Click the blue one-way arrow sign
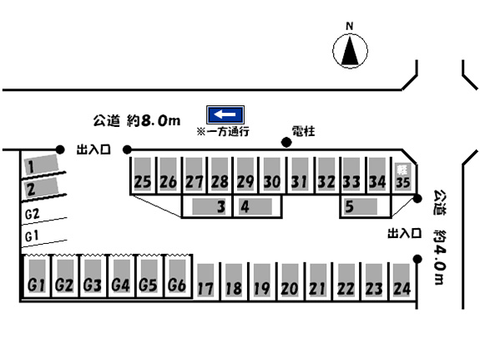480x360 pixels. pos(225,114)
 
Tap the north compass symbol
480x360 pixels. pos(350,51)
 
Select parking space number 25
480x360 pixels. pos(143,175)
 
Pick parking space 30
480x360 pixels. pos(272,175)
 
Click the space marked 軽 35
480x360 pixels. pos(402,176)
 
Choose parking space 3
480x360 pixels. pos(207,206)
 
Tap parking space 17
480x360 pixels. pos(205,281)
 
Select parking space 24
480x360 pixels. pos(402,281)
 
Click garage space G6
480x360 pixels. pos(178,277)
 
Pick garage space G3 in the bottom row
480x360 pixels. pos(93,277)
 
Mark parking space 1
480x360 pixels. pos(42,165)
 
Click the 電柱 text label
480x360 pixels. pos(303,131)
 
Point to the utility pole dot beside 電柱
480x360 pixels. pos(286,142)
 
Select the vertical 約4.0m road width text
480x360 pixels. pos(440,257)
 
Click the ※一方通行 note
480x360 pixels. pos(223,131)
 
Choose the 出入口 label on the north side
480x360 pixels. pos(93,150)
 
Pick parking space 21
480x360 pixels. pos(317,281)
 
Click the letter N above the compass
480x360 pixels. pos(350,27)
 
